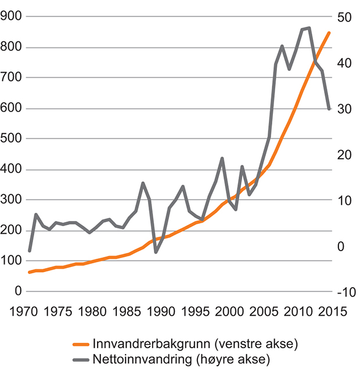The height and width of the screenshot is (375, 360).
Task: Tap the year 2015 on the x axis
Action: (x=331, y=310)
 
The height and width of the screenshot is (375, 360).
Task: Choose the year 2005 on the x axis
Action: (x=264, y=310)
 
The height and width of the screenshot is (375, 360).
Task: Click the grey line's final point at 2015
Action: (x=329, y=109)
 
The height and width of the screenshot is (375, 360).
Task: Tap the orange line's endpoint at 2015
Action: (x=329, y=33)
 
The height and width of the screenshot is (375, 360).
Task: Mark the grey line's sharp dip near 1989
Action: (x=156, y=252)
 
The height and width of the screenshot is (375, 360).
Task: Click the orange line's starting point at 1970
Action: (x=29, y=272)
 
